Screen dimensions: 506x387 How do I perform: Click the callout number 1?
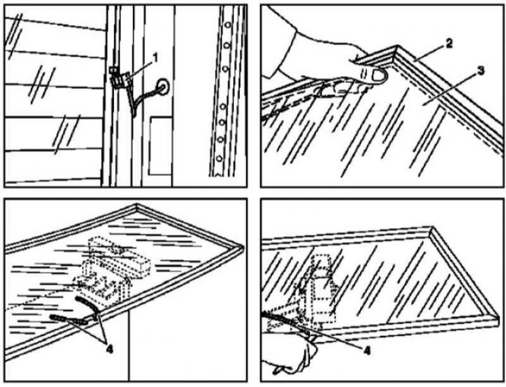click(155, 58)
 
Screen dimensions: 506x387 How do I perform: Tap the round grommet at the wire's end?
click(163, 87)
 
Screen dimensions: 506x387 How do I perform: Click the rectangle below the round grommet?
click(160, 146)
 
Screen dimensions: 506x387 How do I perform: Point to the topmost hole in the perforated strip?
click(228, 25)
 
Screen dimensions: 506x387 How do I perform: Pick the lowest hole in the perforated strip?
click(219, 158)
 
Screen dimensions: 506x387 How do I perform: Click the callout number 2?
click(448, 44)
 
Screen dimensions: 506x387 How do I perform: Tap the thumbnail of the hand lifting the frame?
click(379, 76)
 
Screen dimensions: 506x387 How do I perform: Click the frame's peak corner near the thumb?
click(397, 47)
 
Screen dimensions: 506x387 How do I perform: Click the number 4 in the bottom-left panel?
click(109, 349)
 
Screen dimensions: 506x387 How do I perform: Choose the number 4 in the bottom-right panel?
click(366, 350)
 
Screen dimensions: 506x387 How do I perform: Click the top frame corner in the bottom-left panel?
click(137, 206)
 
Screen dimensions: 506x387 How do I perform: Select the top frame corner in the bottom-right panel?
click(433, 229)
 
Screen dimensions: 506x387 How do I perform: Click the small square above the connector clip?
click(113, 70)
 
